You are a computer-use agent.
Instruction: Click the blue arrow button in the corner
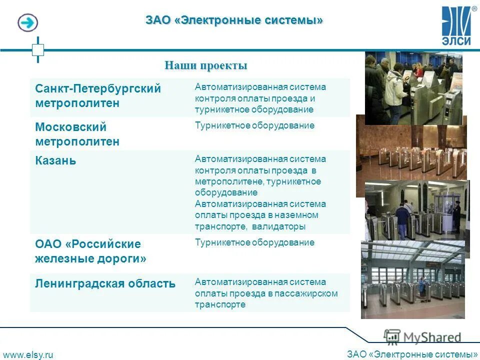pos(28,22)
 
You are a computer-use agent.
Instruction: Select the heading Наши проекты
pos(206,65)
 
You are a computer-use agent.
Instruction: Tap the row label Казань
pos(55,161)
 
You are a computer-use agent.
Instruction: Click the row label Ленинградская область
pos(105,284)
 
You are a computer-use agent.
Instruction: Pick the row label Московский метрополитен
pos(77,134)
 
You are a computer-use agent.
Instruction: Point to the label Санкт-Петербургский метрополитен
pos(97,95)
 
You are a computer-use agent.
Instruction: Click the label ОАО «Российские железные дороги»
pos(90,251)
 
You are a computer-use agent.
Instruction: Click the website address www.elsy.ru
pos(28,354)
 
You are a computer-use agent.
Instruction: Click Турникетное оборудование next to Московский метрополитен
pos(254,125)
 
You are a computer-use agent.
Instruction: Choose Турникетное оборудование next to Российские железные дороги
pos(254,242)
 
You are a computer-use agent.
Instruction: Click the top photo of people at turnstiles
pos(413,88)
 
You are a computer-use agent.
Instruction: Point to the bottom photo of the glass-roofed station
pos(413,279)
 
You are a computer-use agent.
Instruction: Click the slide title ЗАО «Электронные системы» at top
pos(234,20)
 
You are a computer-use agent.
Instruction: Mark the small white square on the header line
pos(38,49)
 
